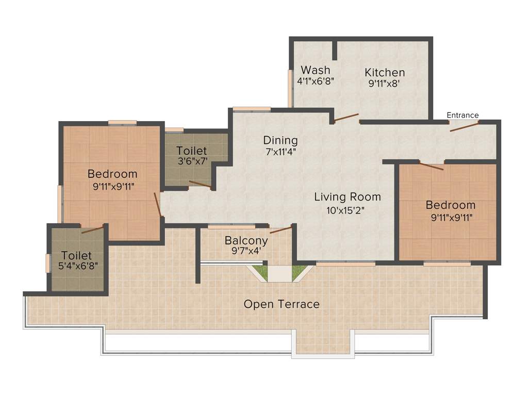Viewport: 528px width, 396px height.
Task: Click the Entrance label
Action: pos(463,115)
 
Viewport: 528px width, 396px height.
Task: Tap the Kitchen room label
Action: pos(385,72)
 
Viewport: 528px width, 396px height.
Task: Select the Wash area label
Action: pos(316,70)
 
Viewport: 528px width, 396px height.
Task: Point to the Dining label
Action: pos(280,140)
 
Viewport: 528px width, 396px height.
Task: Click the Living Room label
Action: pos(348,196)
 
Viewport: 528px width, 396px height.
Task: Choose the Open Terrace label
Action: pos(282,304)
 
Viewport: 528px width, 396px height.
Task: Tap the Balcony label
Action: pos(246,241)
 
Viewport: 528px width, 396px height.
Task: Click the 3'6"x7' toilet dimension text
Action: pos(192,161)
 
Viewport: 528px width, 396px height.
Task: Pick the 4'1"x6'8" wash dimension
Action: pos(316,81)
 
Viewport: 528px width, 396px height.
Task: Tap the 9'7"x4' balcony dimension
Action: pos(246,252)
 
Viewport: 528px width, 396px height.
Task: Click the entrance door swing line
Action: pos(464,127)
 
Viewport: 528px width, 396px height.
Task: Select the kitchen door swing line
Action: pos(346,118)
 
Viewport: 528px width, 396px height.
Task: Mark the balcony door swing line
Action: pos(281,229)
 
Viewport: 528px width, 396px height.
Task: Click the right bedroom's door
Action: pos(431,166)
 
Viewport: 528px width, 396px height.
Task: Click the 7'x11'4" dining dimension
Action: pos(280,152)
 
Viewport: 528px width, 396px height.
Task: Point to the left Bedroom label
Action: pos(112,174)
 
